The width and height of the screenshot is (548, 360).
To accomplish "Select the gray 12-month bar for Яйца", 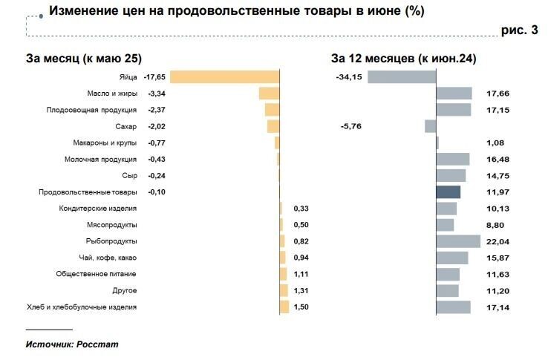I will pyautogui.click(x=402, y=77).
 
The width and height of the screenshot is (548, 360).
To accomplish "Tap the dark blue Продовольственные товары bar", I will pyautogui.click(x=448, y=192).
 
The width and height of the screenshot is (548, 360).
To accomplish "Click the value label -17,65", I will pyautogui.click(x=155, y=77).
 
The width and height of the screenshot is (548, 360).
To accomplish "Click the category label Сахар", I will pyautogui.click(x=126, y=127).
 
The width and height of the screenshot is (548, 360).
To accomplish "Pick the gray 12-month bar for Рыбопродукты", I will pyautogui.click(x=458, y=241).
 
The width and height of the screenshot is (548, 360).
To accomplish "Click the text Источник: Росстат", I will pyautogui.click(x=72, y=344).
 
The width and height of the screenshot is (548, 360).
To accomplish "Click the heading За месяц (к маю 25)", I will pyautogui.click(x=83, y=59).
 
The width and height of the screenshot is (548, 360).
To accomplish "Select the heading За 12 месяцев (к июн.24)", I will pyautogui.click(x=403, y=59).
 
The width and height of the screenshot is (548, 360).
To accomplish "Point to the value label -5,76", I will pyautogui.click(x=350, y=127).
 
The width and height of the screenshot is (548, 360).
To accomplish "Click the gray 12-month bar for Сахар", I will pyautogui.click(x=430, y=126).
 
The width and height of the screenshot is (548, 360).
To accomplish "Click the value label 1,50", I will pyautogui.click(x=301, y=307).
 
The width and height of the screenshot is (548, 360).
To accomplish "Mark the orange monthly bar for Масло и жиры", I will pyautogui.click(x=269, y=94).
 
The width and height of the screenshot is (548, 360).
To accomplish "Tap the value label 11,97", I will pyautogui.click(x=498, y=192).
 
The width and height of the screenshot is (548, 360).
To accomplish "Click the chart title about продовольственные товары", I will pyautogui.click(x=237, y=11).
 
